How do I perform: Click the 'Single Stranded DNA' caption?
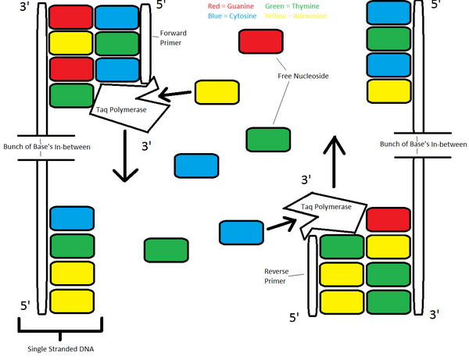click(60, 348)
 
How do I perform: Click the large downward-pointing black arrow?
click(122, 155)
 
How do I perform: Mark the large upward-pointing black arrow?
click(334, 161)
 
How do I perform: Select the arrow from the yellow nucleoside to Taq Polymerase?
click(175, 94)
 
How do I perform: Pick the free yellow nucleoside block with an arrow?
click(217, 91)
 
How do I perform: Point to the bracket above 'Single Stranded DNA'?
click(60, 324)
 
